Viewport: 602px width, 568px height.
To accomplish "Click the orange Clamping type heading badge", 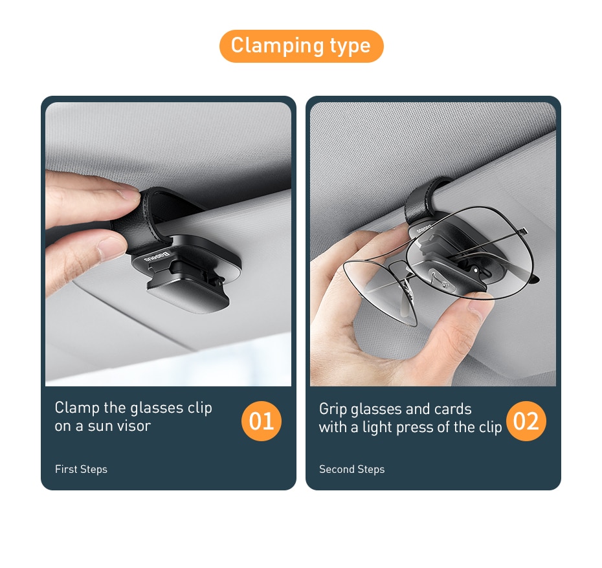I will tap(301, 46).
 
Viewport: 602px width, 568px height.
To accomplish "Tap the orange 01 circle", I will tap(261, 421).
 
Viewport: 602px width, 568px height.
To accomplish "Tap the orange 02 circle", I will tap(526, 421).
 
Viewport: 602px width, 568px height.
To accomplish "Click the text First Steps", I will tap(81, 469).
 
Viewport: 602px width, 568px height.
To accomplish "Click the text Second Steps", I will tap(351, 469).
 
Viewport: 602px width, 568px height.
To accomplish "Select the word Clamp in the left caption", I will tap(77, 408).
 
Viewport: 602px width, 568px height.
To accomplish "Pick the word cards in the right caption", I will tap(452, 409).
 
